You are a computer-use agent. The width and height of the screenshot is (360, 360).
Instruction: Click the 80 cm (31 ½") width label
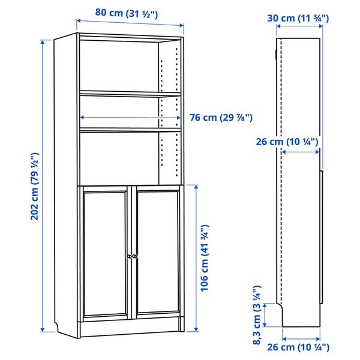[126, 13]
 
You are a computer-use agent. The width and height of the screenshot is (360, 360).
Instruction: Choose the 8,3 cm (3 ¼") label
[257, 316]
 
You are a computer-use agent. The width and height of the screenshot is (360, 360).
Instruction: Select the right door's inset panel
[157, 252]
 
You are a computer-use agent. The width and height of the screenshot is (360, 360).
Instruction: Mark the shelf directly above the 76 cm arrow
[130, 94]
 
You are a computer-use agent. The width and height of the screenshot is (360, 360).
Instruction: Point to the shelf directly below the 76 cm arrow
[130, 129]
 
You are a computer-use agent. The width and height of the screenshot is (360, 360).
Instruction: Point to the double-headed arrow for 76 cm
[130, 118]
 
